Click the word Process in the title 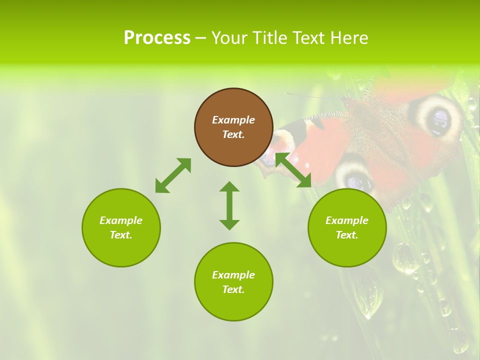(157, 38)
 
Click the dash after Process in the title (201, 38)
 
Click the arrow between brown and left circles (173, 175)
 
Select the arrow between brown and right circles (293, 170)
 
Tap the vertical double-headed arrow (229, 205)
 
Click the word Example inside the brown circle (233, 120)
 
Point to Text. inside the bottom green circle (233, 289)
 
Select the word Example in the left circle (121, 220)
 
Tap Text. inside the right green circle (347, 235)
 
